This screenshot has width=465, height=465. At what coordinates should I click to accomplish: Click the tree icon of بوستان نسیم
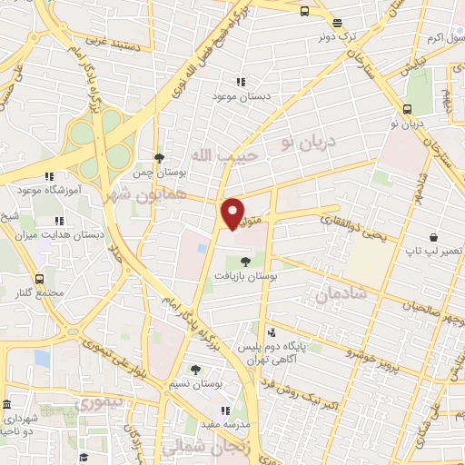[196, 370]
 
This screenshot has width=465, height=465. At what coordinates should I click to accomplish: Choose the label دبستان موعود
[238, 95]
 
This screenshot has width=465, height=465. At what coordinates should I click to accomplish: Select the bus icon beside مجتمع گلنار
[39, 279]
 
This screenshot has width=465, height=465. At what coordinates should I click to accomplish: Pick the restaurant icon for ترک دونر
[337, 24]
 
